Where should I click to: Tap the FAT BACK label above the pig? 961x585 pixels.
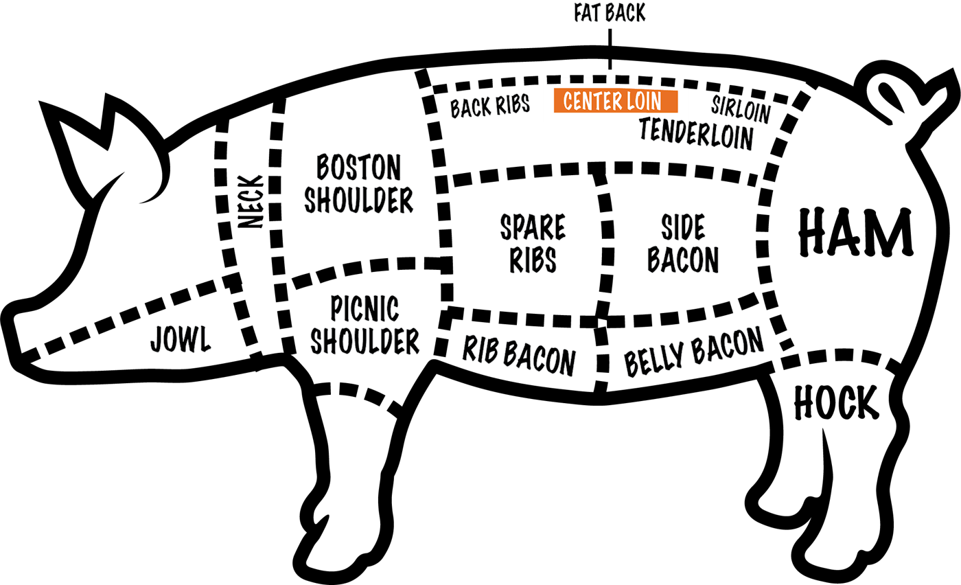610,13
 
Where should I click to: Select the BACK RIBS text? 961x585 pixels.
489,107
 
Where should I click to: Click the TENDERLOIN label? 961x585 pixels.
696,133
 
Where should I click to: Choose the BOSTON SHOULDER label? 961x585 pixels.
359,183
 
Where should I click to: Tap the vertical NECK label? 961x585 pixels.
251,201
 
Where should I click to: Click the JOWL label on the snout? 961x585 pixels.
180,339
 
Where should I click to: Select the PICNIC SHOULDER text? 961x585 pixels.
364,325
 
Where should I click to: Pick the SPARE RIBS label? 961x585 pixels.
533,243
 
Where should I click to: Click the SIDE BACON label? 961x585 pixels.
684,243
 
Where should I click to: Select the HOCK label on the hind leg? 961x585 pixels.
835,403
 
